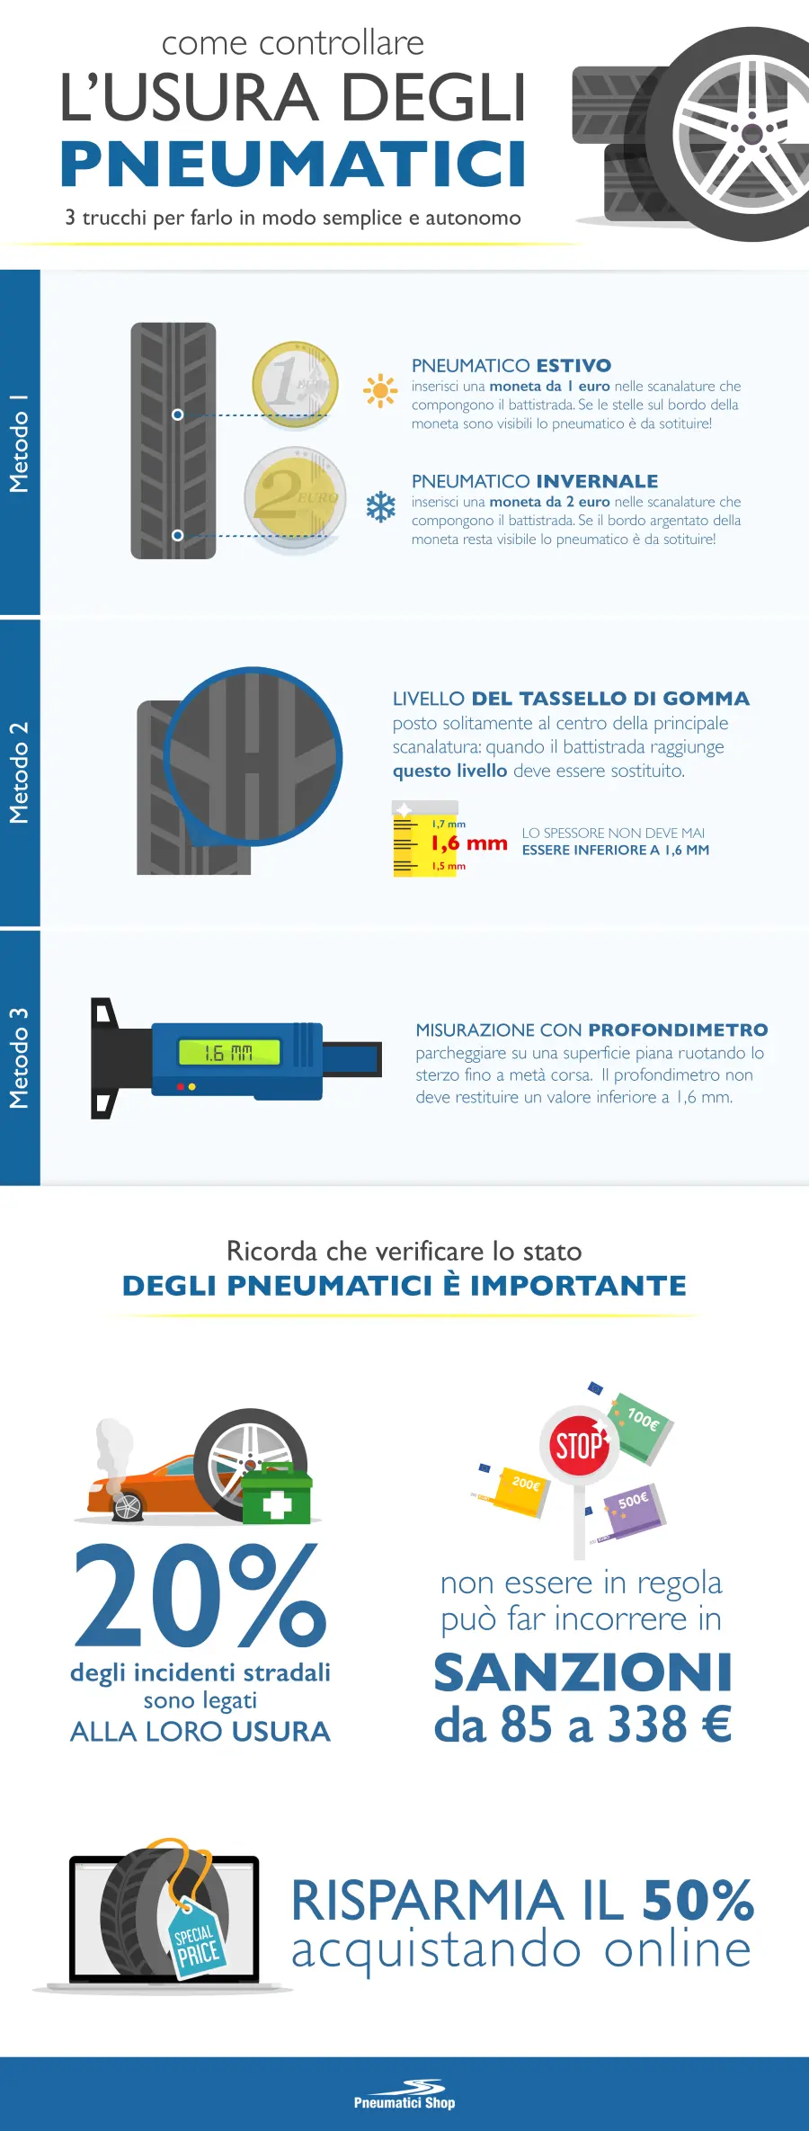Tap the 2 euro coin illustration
(x=295, y=497)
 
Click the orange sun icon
(x=380, y=390)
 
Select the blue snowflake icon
(x=381, y=507)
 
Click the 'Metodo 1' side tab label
(x=19, y=443)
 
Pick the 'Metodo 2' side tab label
(x=19, y=772)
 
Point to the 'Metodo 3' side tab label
(x=19, y=1057)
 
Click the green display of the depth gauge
(x=229, y=1052)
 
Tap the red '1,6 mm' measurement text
(x=469, y=843)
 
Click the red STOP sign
(x=578, y=1447)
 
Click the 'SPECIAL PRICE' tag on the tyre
(x=195, y=1946)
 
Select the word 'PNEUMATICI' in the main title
(x=293, y=165)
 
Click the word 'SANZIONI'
(x=582, y=1672)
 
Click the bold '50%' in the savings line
(x=698, y=1900)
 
